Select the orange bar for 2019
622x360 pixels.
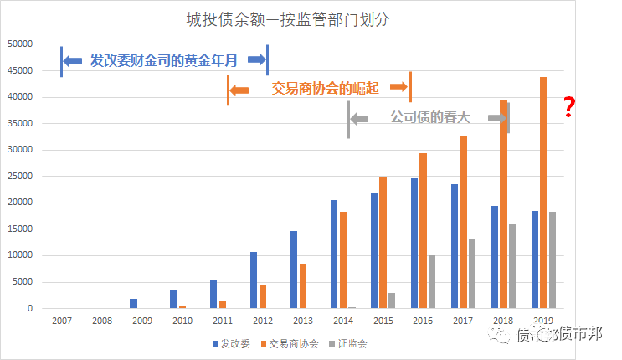click(x=544, y=193)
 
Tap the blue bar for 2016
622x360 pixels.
click(x=414, y=243)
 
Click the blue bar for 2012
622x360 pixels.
click(x=254, y=280)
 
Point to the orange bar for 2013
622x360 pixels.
click(x=302, y=285)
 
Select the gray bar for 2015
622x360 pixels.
click(x=392, y=301)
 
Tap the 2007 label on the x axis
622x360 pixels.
click(x=61, y=321)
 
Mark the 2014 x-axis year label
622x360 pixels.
click(x=342, y=321)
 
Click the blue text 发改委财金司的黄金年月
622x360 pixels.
click(x=163, y=60)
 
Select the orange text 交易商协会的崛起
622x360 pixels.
click(x=320, y=87)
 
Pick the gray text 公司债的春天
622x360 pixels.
click(x=430, y=117)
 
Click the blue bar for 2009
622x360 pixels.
click(x=133, y=303)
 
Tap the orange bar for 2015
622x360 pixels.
click(x=383, y=242)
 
